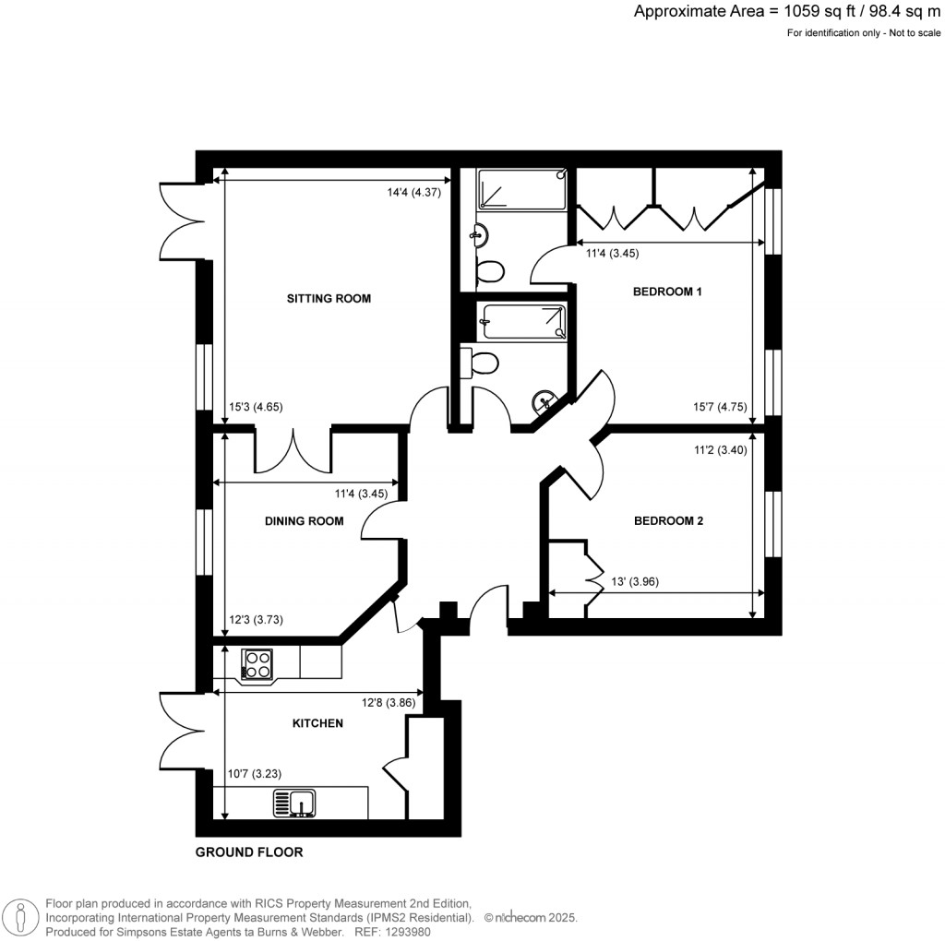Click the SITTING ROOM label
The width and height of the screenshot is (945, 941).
(x=329, y=298)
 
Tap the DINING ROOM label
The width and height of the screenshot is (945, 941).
(x=304, y=521)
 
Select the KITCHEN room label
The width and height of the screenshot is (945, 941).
(x=317, y=723)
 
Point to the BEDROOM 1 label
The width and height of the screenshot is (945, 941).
(x=667, y=292)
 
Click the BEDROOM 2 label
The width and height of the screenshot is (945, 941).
(x=668, y=521)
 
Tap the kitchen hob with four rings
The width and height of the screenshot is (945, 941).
(x=257, y=664)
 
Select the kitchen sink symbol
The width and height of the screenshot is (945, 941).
(x=294, y=803)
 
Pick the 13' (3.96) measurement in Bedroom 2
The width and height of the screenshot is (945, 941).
(x=635, y=582)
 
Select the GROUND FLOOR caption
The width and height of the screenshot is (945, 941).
(x=248, y=852)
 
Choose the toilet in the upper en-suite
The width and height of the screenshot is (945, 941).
(x=488, y=271)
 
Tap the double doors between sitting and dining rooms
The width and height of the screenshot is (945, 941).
(x=293, y=451)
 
